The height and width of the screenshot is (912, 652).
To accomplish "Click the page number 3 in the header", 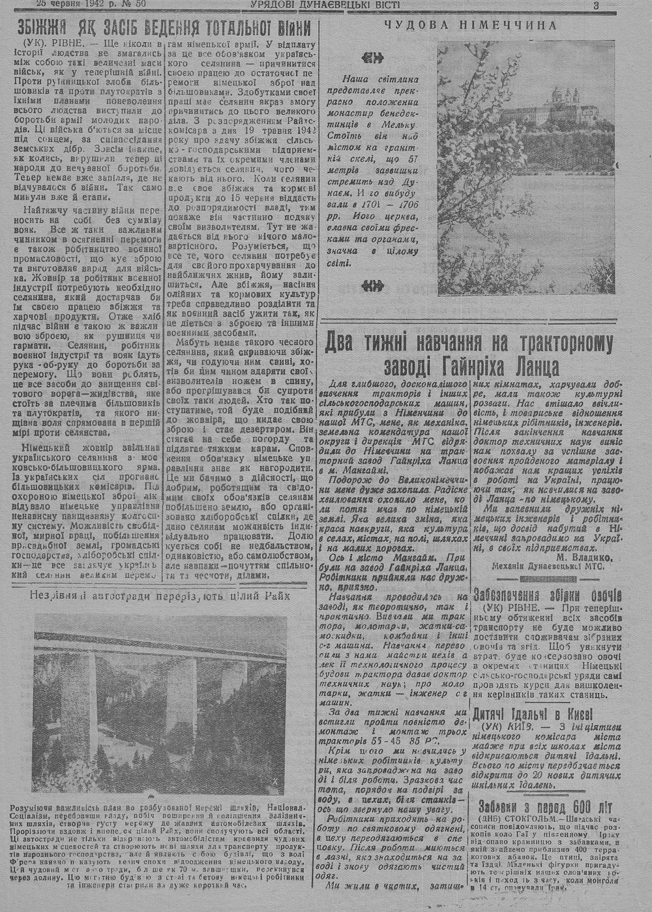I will pos(596,5).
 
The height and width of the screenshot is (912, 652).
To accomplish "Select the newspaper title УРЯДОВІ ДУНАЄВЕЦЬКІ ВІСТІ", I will pos(325,5).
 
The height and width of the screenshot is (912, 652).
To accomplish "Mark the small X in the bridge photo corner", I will pos(275,781).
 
